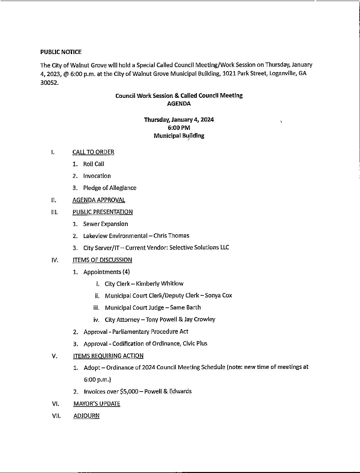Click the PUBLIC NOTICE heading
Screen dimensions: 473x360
click(61, 52)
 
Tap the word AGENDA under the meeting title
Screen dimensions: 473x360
click(179, 103)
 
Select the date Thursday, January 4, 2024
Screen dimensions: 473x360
click(179, 120)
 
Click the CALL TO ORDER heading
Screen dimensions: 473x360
click(93, 152)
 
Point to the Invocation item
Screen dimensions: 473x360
click(97, 176)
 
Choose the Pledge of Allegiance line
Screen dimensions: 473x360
click(110, 188)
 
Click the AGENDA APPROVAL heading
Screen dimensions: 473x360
click(99, 200)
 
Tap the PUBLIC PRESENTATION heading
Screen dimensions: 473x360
click(102, 212)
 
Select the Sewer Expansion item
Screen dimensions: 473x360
click(105, 224)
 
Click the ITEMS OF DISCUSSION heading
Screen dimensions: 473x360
click(102, 260)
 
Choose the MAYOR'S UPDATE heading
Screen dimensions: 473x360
click(97, 404)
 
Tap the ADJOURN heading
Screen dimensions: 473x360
click(86, 416)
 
